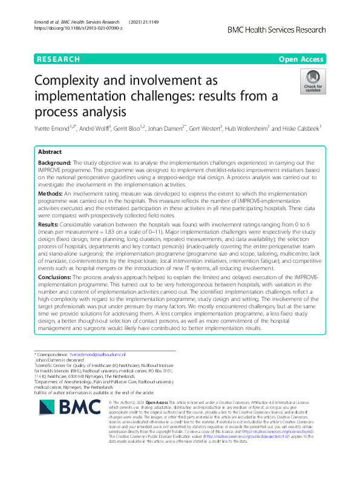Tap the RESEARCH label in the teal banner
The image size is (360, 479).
click(x=59, y=59)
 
